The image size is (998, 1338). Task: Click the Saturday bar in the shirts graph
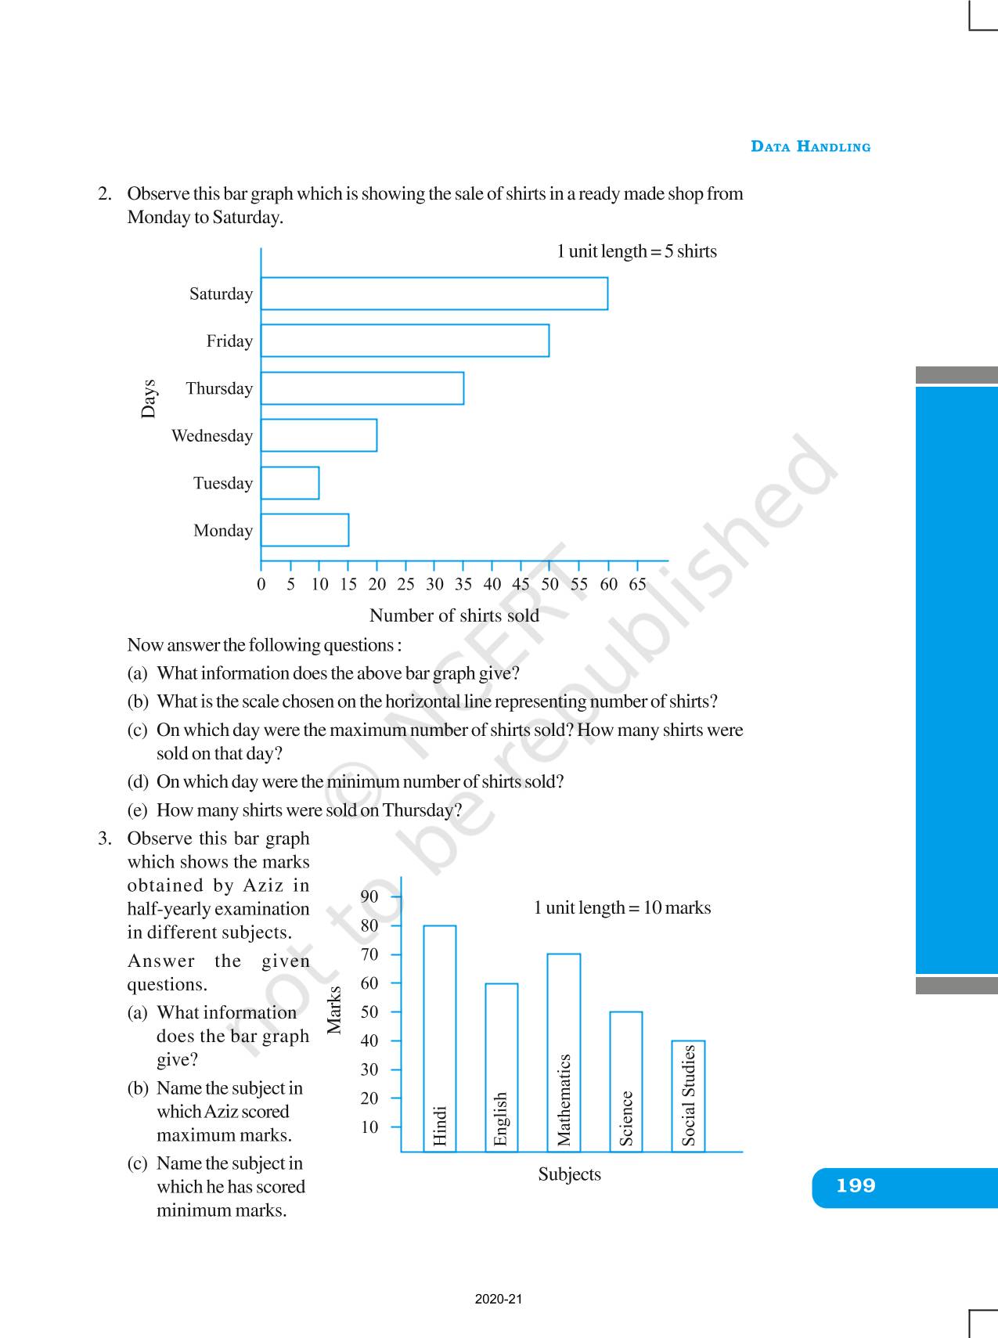click(x=434, y=294)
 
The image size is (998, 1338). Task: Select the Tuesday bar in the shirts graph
click(x=290, y=483)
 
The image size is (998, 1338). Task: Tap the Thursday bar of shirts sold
click(x=362, y=388)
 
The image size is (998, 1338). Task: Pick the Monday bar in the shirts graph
click(x=304, y=530)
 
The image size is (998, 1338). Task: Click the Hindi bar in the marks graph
click(x=440, y=1037)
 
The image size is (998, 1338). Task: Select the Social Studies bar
click(x=689, y=1095)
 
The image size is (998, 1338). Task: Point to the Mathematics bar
click(x=564, y=1052)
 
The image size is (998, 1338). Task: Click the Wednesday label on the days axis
click(x=212, y=436)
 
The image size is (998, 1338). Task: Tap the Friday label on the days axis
click(x=229, y=341)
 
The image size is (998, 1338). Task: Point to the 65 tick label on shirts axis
click(x=637, y=584)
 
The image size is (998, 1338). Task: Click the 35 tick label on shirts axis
click(x=463, y=584)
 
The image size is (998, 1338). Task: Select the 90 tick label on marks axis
click(x=369, y=896)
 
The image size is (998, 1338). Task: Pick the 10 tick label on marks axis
click(x=369, y=1127)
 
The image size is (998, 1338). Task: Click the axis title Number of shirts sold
click(x=454, y=615)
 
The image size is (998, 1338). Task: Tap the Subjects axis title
click(x=569, y=1174)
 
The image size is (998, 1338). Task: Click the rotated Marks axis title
click(x=334, y=1010)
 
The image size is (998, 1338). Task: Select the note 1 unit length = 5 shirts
click(x=636, y=251)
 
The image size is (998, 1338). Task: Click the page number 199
click(x=856, y=1186)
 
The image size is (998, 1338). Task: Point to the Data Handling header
click(x=810, y=146)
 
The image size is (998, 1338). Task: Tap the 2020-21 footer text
click(x=498, y=1299)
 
